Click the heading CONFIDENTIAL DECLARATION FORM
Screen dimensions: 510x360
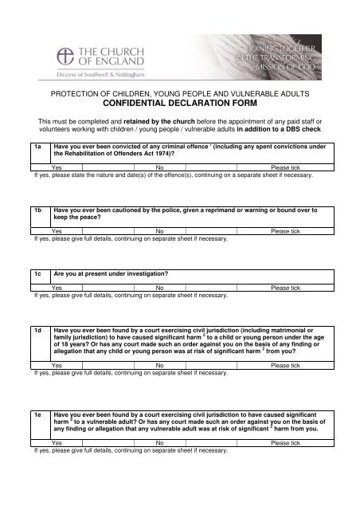coord(179,104)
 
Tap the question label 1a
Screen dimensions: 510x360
coord(38,147)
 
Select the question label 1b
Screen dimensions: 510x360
coord(38,209)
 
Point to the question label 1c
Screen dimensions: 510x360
coord(38,273)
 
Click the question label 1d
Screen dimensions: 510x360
coord(38,329)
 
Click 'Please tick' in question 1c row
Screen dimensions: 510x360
coord(285,287)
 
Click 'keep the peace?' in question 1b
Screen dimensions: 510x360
coord(77,217)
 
